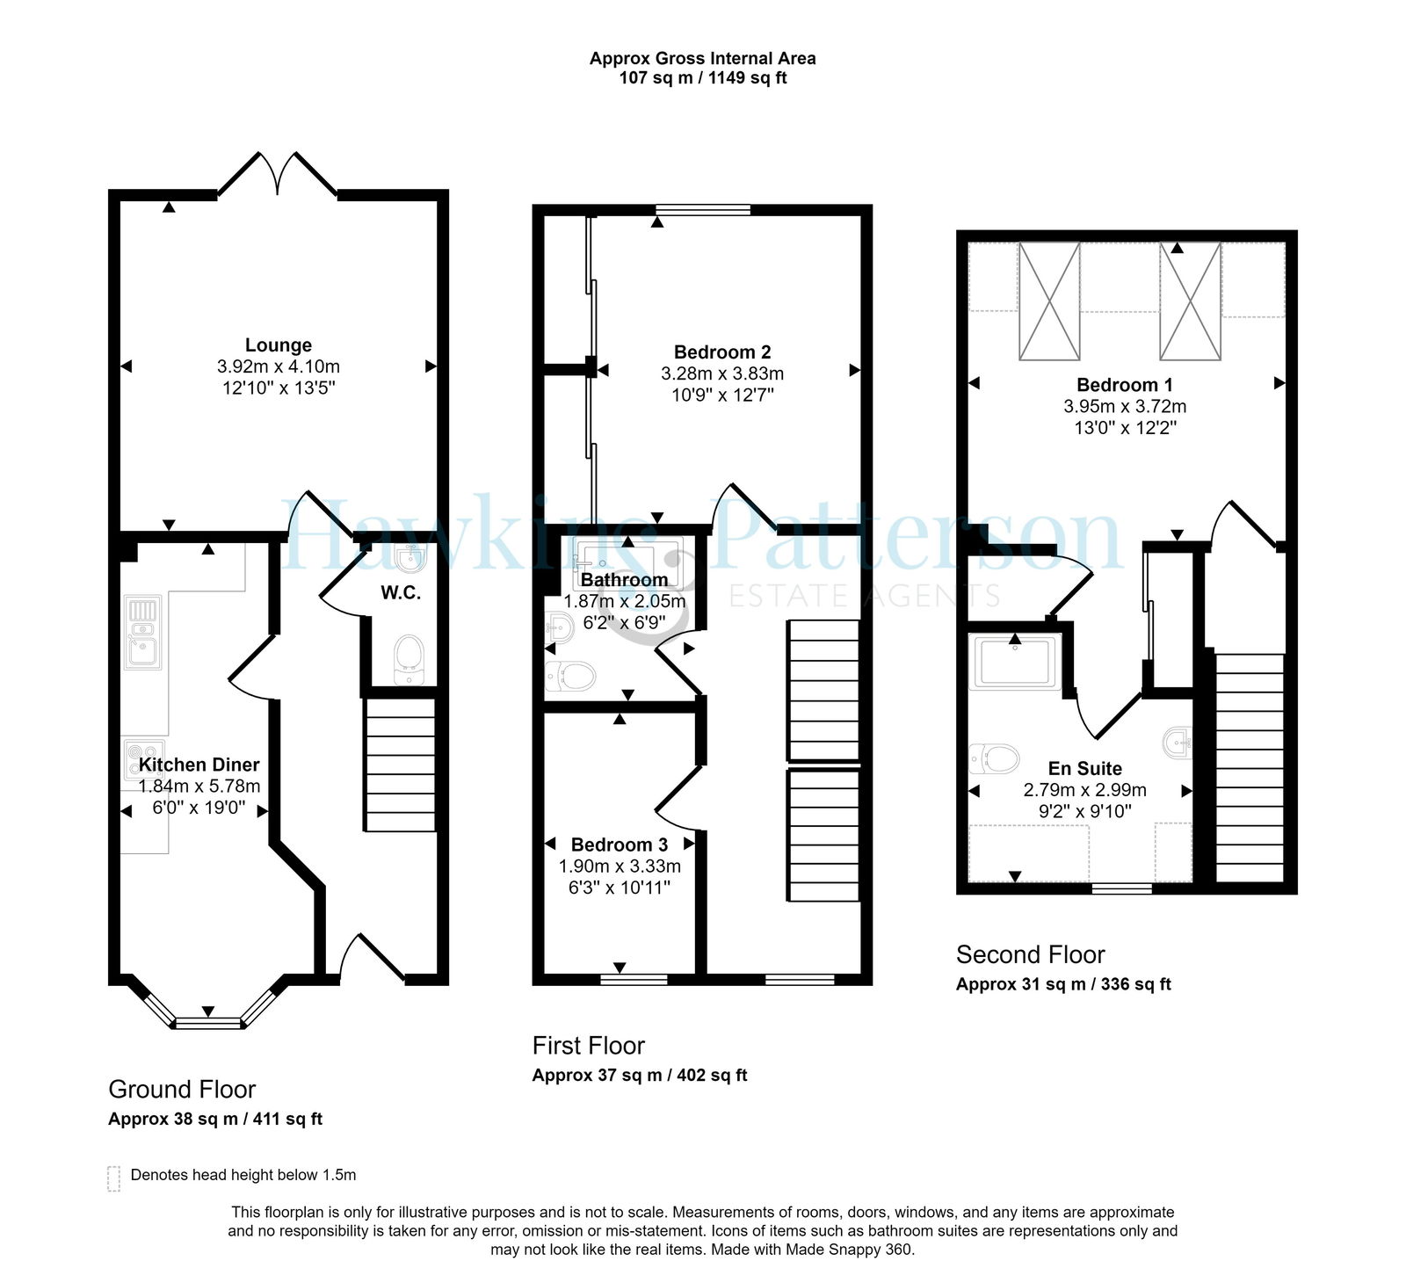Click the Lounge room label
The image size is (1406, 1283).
coord(278,345)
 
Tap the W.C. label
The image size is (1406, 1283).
coord(400,593)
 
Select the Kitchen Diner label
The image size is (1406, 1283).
coord(199,765)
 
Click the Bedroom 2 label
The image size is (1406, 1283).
coord(722,352)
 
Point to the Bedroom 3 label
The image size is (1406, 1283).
coord(620,844)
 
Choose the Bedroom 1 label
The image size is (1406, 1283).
coord(1125,385)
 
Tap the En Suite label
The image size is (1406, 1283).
coord(1085,768)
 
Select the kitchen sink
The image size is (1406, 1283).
coord(143,633)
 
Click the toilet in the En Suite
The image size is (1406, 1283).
coord(994,757)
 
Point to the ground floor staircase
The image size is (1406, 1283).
coord(400,764)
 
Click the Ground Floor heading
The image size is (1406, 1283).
coord(182,1090)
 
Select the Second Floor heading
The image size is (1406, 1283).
coord(1031,954)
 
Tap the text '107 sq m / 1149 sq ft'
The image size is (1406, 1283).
coord(703,78)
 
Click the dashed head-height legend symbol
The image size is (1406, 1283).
coord(113,1178)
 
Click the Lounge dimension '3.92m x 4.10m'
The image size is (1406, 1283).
coord(278,366)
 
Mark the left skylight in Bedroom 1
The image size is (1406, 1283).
coord(1049,301)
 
